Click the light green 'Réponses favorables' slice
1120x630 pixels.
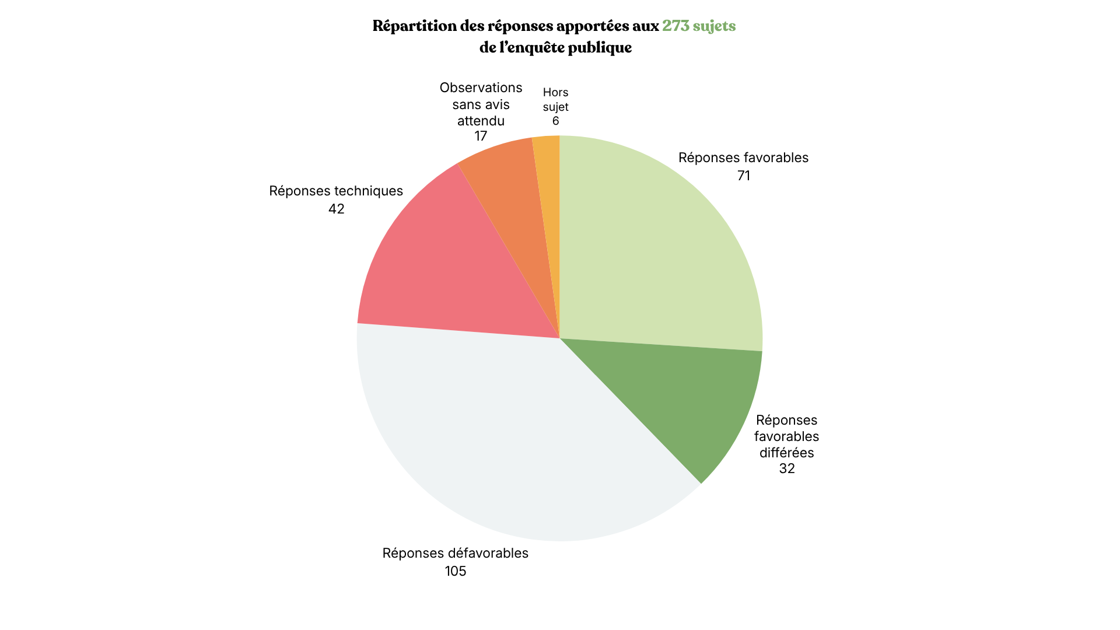(659, 245)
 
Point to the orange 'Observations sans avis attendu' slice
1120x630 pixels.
(513, 192)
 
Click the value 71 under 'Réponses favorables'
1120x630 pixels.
(743, 176)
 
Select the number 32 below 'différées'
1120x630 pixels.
(786, 468)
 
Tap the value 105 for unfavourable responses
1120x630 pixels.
(455, 571)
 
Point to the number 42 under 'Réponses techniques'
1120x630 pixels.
(336, 209)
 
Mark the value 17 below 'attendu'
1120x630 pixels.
(480, 136)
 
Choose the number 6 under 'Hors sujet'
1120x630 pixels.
(555, 121)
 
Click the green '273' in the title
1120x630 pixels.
(675, 26)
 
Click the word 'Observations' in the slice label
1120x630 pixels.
(481, 87)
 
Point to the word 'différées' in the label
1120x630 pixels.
(786, 453)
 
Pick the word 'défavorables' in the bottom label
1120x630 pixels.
(489, 553)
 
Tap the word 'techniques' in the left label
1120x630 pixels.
(370, 191)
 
